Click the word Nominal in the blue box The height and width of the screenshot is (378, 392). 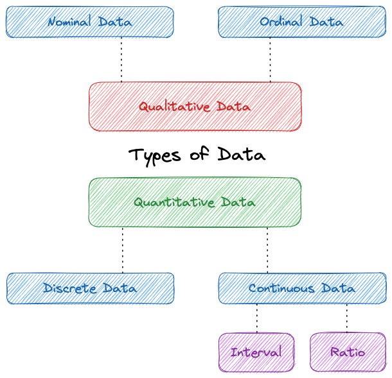coord(68,22)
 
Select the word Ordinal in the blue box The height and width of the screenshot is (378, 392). coord(281,22)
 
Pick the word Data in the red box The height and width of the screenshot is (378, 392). coord(234,107)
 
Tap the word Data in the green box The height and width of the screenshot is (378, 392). coord(238,202)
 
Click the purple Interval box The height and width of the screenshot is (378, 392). coord(256,352)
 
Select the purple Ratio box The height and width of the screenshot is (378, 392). coord(348,352)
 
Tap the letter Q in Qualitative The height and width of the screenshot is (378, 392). coord(143,107)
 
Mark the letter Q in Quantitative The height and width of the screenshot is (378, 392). coord(137,202)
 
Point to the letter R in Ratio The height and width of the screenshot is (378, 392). coord(334,352)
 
